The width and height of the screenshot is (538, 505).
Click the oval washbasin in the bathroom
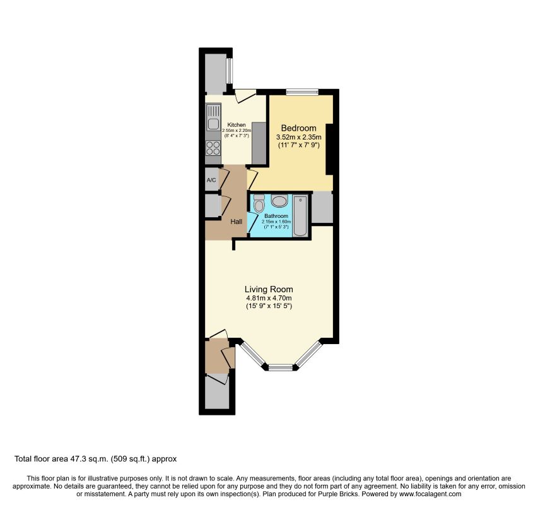click(279, 201)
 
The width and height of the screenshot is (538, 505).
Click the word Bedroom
click(300, 128)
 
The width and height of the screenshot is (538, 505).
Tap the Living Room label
click(269, 289)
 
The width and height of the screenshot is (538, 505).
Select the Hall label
click(237, 221)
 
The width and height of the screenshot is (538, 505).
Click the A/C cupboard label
click(211, 181)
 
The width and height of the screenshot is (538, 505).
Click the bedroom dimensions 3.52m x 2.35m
click(300, 137)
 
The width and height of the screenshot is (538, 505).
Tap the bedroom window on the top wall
click(302, 92)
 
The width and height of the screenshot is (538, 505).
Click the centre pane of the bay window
click(281, 367)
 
